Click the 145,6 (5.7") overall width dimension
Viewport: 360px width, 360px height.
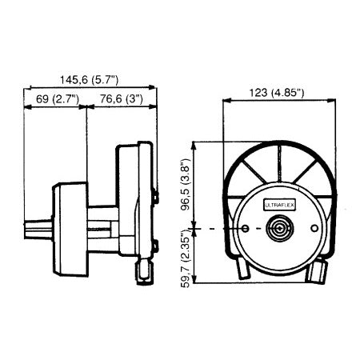[x=90, y=79]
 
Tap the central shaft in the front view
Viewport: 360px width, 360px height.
[x=278, y=230]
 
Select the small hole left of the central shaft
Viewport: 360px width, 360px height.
[x=243, y=230]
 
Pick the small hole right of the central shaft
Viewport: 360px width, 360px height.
[x=313, y=230]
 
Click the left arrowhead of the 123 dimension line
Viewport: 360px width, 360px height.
[x=225, y=102]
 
